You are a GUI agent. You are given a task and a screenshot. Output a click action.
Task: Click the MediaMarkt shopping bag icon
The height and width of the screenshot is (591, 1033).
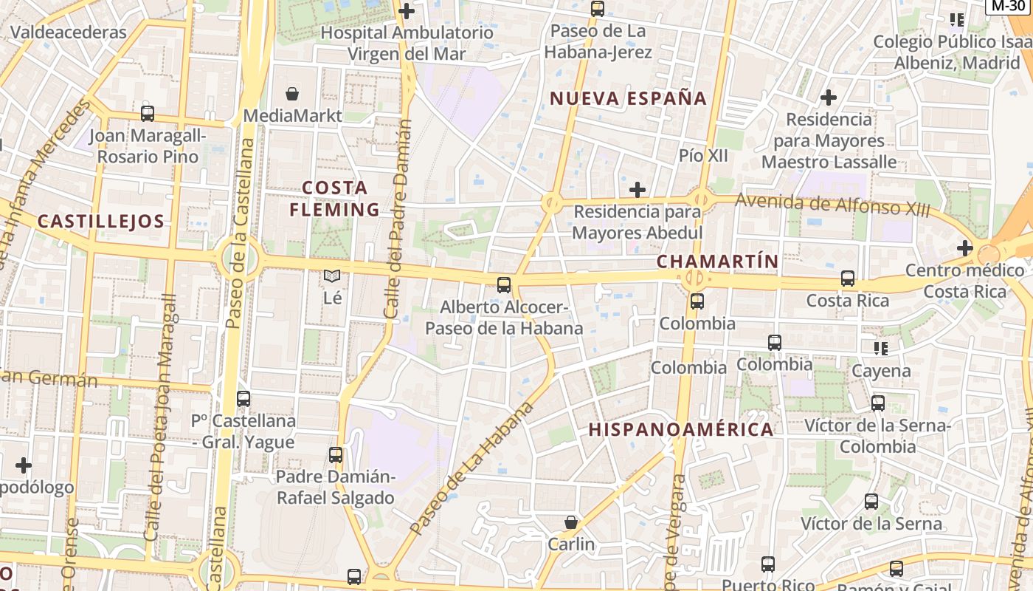click(x=292, y=94)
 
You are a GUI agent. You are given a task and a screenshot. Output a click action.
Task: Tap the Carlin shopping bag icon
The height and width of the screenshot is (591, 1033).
click(x=570, y=522)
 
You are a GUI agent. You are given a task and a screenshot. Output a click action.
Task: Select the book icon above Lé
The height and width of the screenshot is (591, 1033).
click(x=333, y=276)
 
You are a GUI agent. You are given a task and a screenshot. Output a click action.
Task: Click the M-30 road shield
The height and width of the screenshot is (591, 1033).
click(x=1009, y=6)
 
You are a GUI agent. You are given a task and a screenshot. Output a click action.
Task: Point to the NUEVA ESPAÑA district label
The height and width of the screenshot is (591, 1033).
click(x=628, y=98)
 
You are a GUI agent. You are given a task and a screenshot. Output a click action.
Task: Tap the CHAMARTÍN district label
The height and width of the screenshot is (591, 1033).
click(x=717, y=262)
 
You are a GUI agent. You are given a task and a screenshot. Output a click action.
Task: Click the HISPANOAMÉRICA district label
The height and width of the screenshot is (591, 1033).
click(x=680, y=429)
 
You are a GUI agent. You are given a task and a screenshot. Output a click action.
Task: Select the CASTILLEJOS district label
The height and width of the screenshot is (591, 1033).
click(x=100, y=221)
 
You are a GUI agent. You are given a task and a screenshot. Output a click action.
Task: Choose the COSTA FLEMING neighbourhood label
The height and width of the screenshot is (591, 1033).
click(x=335, y=199)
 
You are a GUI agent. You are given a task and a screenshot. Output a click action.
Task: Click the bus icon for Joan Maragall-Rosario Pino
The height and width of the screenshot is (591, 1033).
click(x=148, y=114)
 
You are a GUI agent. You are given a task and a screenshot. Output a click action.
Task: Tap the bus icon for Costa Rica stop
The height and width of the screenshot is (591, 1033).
click(x=848, y=279)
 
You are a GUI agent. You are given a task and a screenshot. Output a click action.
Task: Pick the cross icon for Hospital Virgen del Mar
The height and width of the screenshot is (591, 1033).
click(x=406, y=11)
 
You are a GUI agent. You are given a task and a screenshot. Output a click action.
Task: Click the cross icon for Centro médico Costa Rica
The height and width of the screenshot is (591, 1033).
click(x=964, y=248)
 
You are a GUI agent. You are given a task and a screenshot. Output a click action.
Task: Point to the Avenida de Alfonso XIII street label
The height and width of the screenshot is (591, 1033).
click(x=832, y=205)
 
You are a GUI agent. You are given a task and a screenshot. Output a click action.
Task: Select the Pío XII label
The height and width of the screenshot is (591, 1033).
click(x=703, y=156)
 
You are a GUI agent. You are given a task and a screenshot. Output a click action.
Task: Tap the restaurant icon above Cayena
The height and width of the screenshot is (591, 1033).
click(x=880, y=348)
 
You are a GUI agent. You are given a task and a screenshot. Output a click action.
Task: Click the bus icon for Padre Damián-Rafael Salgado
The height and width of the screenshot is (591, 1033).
click(x=336, y=454)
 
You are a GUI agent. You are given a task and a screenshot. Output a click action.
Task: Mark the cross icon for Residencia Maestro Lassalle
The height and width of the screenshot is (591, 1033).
click(x=829, y=97)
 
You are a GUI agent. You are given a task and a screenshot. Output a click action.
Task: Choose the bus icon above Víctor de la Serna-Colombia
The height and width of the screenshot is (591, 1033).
click(x=877, y=403)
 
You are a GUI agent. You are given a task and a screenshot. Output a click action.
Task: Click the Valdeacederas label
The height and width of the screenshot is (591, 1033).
click(x=69, y=33)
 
